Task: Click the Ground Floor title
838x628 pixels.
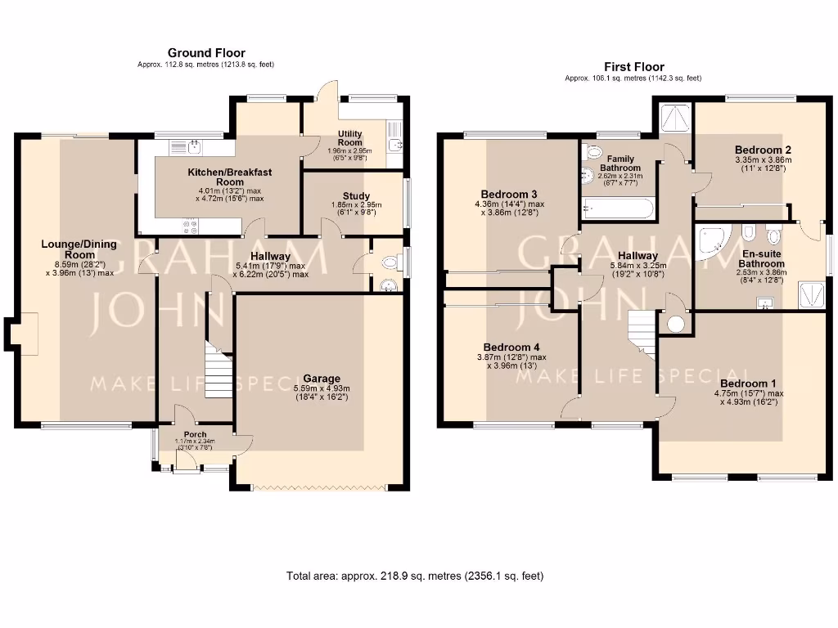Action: [206, 53]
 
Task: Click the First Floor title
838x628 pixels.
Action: [633, 67]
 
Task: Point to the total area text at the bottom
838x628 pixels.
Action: [414, 576]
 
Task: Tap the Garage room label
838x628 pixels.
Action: [322, 379]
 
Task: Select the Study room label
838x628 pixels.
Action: [356, 195]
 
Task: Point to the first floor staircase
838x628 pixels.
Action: [642, 334]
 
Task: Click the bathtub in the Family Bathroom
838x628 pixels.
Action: [617, 209]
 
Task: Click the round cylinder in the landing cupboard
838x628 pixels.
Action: [676, 324]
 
